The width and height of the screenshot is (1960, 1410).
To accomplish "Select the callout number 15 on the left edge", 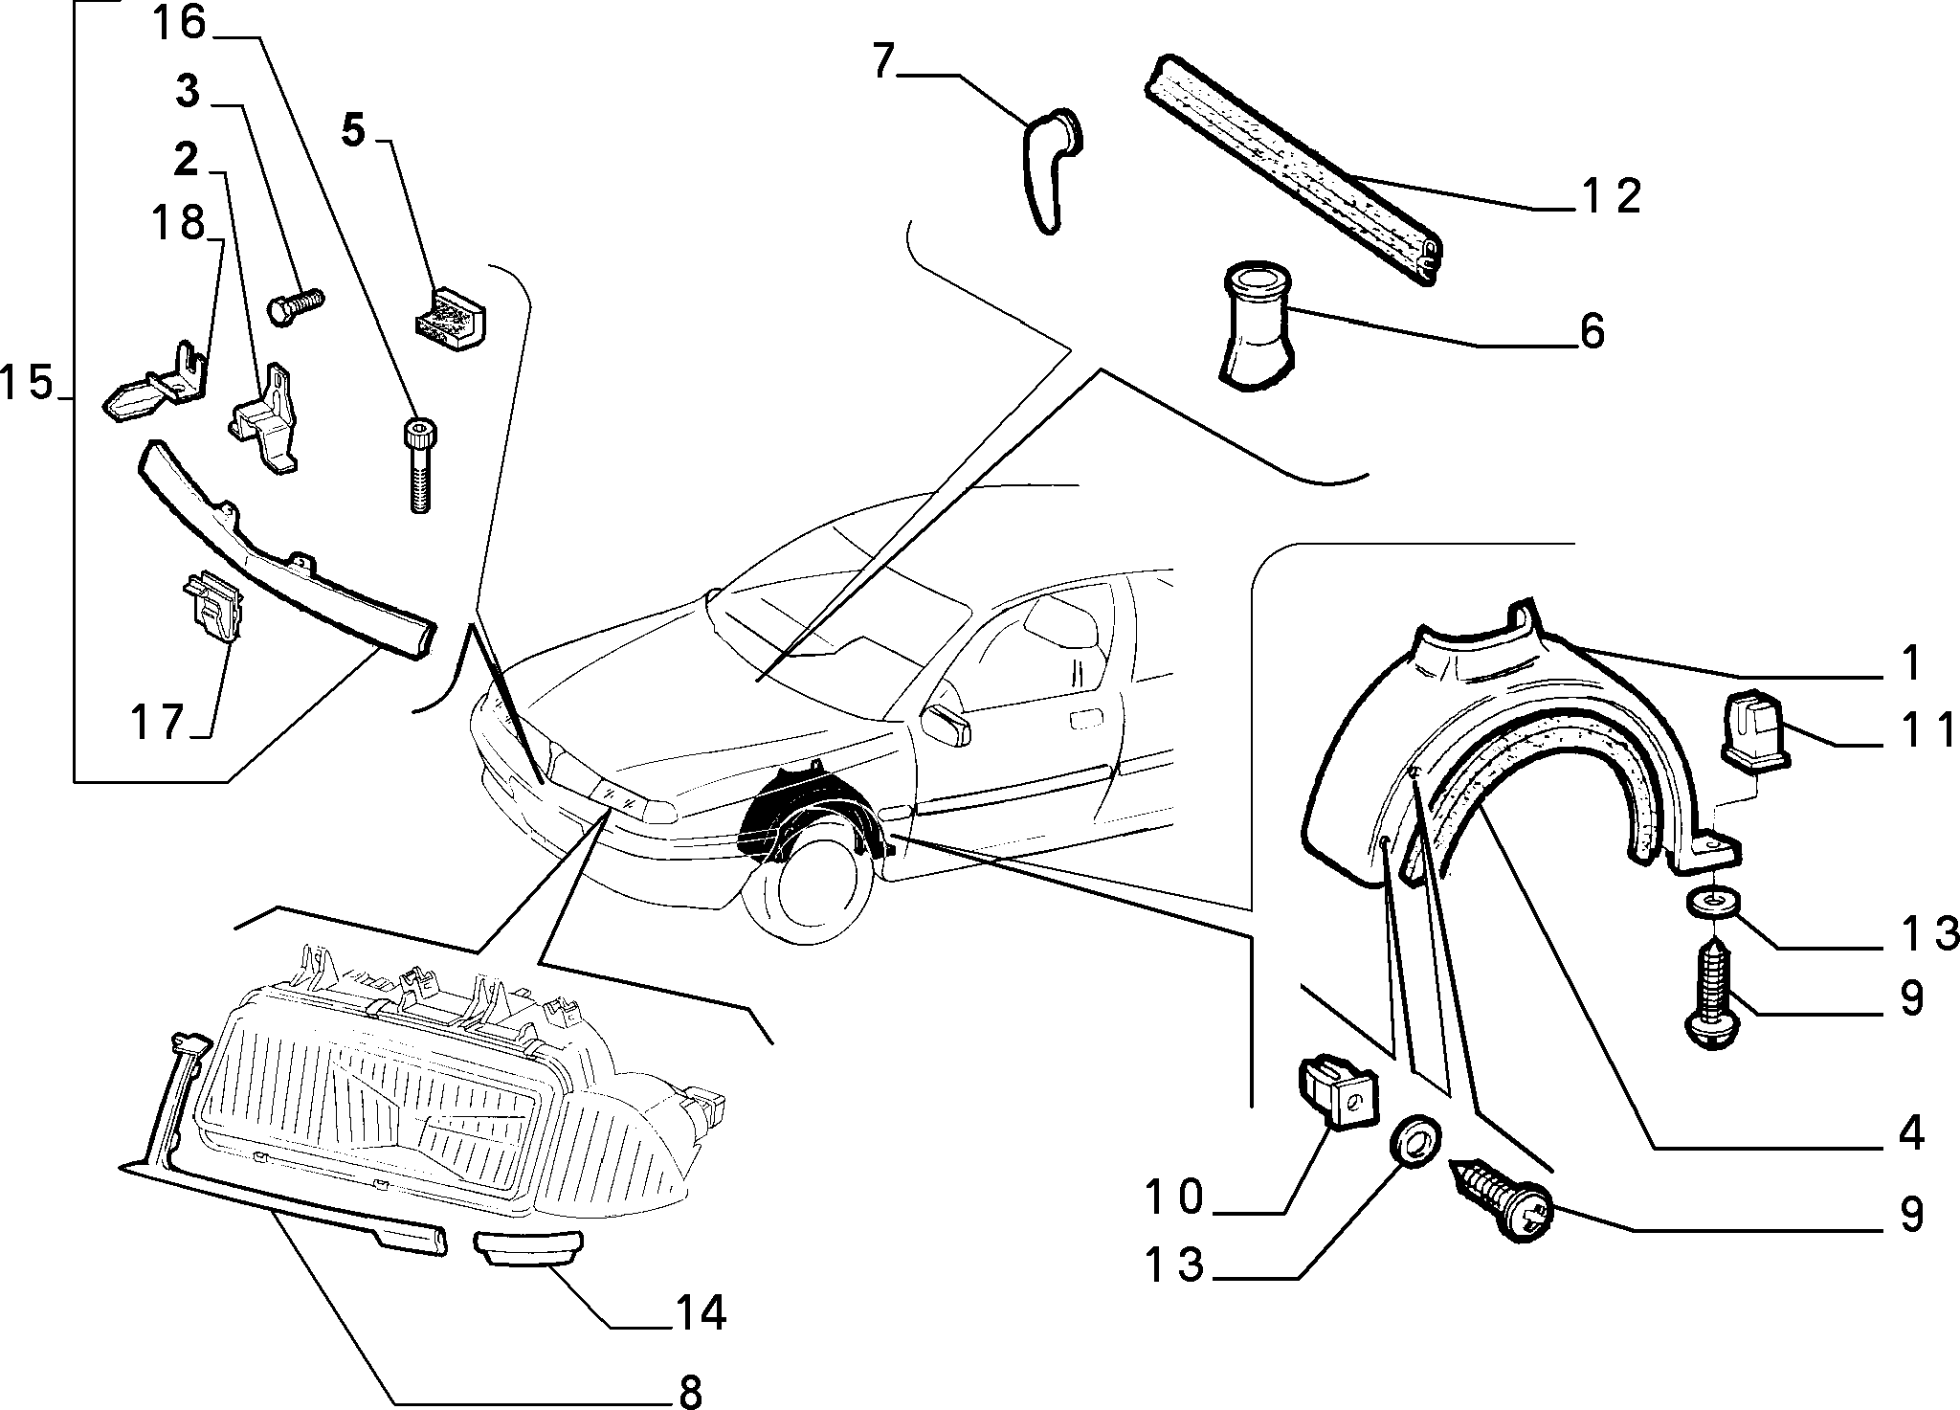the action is click(x=27, y=383).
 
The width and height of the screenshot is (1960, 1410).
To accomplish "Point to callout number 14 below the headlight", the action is click(x=700, y=1313).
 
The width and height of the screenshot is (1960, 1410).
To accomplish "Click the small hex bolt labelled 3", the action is click(x=295, y=307).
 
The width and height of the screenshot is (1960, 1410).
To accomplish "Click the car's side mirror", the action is click(x=947, y=725).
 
